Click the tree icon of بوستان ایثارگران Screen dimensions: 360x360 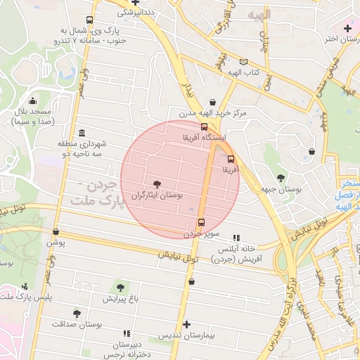click(x=156, y=184)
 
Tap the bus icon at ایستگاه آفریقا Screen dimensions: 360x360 click(x=204, y=127)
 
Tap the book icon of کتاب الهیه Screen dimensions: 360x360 click(x=243, y=62)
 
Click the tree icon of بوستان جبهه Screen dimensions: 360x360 click(x=281, y=178)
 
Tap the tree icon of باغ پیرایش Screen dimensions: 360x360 click(x=120, y=287)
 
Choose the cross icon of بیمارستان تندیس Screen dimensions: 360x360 click(x=186, y=324)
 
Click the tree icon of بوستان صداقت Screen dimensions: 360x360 click(x=77, y=314)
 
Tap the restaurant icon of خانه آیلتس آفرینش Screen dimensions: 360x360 click(x=236, y=238)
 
